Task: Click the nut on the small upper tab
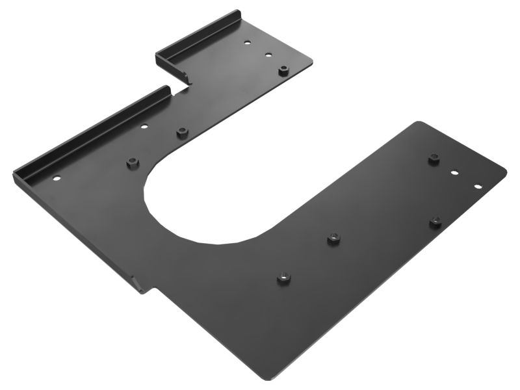pos(283,70)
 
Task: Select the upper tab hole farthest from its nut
pos(247,43)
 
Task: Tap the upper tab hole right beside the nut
pos(268,55)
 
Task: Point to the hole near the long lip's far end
pos(57,178)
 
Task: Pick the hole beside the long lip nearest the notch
pos(144,126)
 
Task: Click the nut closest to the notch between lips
pos(182,133)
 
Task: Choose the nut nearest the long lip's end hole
pos(133,162)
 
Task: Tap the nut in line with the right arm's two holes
pos(434,158)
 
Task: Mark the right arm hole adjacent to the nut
pos(455,173)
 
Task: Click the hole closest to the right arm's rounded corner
pos(478,187)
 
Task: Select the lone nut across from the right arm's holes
pos(435,222)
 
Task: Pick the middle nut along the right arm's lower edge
pos(333,239)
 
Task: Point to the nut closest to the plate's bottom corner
pos(283,278)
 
